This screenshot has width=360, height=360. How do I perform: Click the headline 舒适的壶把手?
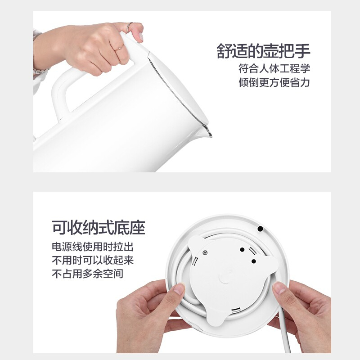click(x=263, y=50)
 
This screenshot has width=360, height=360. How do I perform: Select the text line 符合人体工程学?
click(x=274, y=69)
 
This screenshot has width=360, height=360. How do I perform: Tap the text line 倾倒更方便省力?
click(x=274, y=82)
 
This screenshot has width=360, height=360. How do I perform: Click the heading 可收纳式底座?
click(x=98, y=228)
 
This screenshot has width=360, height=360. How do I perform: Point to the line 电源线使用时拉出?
click(x=93, y=247)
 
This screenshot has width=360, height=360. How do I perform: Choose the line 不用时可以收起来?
click(x=93, y=260)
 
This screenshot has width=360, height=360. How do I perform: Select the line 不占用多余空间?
click(x=87, y=274)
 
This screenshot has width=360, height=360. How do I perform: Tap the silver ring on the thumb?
click(x=130, y=27)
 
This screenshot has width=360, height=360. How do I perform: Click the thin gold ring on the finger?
click(x=120, y=47)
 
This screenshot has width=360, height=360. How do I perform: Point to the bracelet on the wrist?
click(x=40, y=71)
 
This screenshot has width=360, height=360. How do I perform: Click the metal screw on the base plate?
click(x=205, y=253)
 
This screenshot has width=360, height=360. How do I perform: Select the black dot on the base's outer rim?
click(x=260, y=229)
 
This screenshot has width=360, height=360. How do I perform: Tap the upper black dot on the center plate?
click(x=242, y=250)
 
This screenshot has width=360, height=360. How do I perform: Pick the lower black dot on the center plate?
click(x=253, y=261)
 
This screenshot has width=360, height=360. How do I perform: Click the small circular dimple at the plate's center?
click(x=224, y=278)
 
